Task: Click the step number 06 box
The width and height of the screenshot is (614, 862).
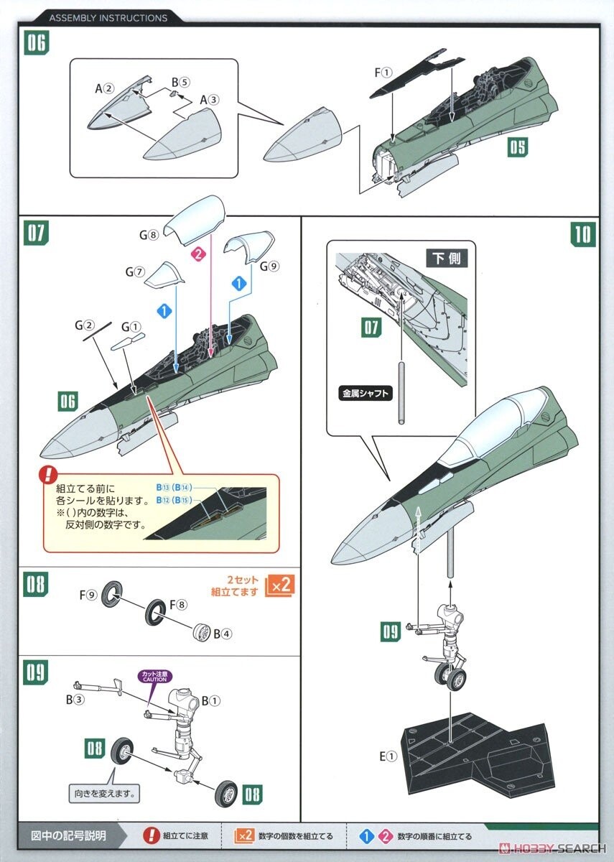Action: coord(36,43)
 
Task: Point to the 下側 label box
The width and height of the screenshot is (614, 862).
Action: coord(447,259)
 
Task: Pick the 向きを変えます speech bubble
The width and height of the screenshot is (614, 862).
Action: coord(104,794)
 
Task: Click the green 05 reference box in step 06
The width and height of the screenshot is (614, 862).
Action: coord(518,147)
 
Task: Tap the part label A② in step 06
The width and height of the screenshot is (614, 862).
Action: coord(104,88)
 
